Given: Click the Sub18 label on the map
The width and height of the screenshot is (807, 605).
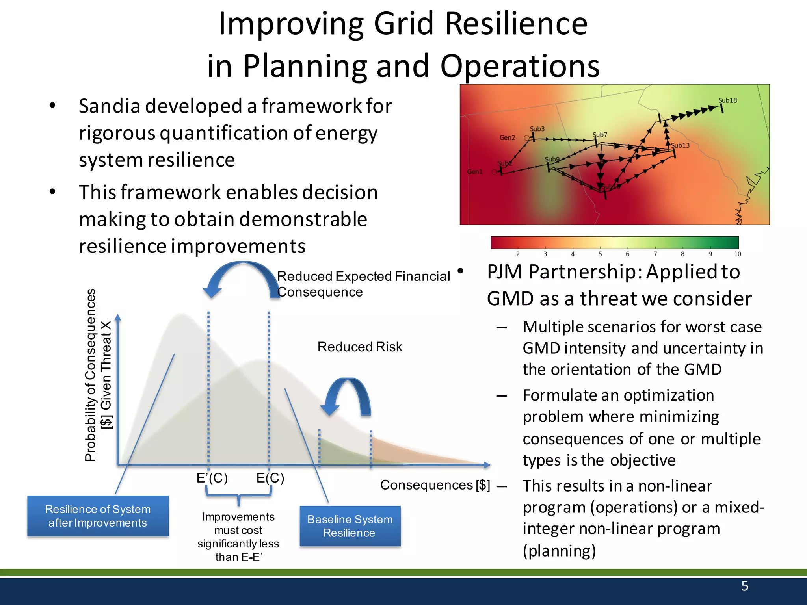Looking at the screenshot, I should tap(727, 100).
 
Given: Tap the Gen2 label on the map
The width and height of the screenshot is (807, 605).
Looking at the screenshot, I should tap(507, 138).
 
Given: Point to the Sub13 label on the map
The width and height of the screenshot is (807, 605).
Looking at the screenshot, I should tap(681, 145).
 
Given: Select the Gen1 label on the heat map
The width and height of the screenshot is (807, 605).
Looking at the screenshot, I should tap(474, 172).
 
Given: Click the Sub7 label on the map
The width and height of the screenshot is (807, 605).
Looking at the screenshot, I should tap(600, 135).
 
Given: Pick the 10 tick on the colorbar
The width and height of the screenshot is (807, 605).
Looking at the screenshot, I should tap(737, 254).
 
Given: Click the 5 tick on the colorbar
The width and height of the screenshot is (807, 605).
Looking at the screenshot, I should tap(600, 254).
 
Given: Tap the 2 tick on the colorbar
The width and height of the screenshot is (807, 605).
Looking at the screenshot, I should tap(517, 254).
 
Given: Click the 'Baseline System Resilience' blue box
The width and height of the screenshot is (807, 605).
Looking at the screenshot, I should tap(350, 526).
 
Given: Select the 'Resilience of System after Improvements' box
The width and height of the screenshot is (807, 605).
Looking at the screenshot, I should tap(98, 516).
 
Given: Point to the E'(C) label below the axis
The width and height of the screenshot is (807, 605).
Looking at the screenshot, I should tap(212, 478).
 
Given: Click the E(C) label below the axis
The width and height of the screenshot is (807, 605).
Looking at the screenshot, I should tap(270, 478).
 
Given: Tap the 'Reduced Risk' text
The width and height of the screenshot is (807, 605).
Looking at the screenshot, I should tap(359, 347).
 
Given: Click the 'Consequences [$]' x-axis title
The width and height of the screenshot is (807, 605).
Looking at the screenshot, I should tap(435, 485).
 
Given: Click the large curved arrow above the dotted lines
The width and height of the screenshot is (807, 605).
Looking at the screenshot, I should tap(242, 276).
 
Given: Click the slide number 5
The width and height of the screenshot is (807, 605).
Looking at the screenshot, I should tap(744, 586).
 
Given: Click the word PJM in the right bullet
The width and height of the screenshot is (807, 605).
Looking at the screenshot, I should tap(504, 272).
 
